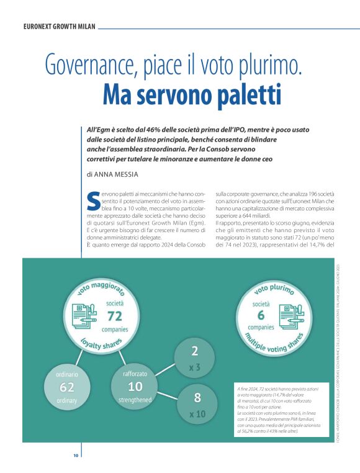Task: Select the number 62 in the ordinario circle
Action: tap(67, 387)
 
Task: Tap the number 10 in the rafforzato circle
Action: tap(135, 387)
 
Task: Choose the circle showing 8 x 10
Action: tap(197, 403)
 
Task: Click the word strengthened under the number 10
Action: tap(135, 400)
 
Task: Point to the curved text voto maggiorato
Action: tap(100, 286)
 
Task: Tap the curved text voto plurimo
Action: tap(273, 289)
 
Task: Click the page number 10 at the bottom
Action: tap(76, 456)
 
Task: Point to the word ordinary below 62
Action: tap(67, 400)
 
